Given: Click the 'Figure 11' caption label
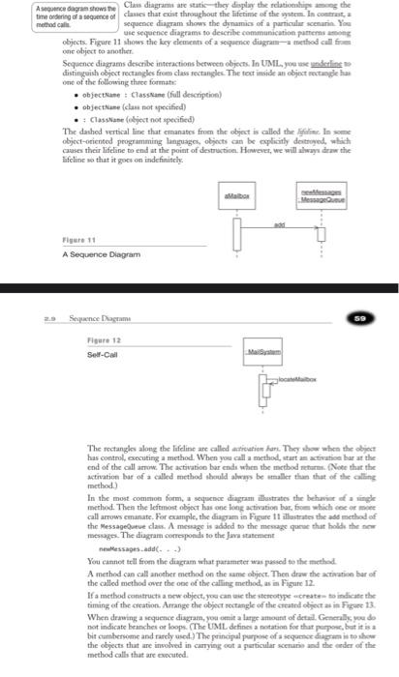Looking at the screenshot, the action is coord(75,241).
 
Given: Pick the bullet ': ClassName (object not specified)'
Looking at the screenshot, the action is coord(129,145).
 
